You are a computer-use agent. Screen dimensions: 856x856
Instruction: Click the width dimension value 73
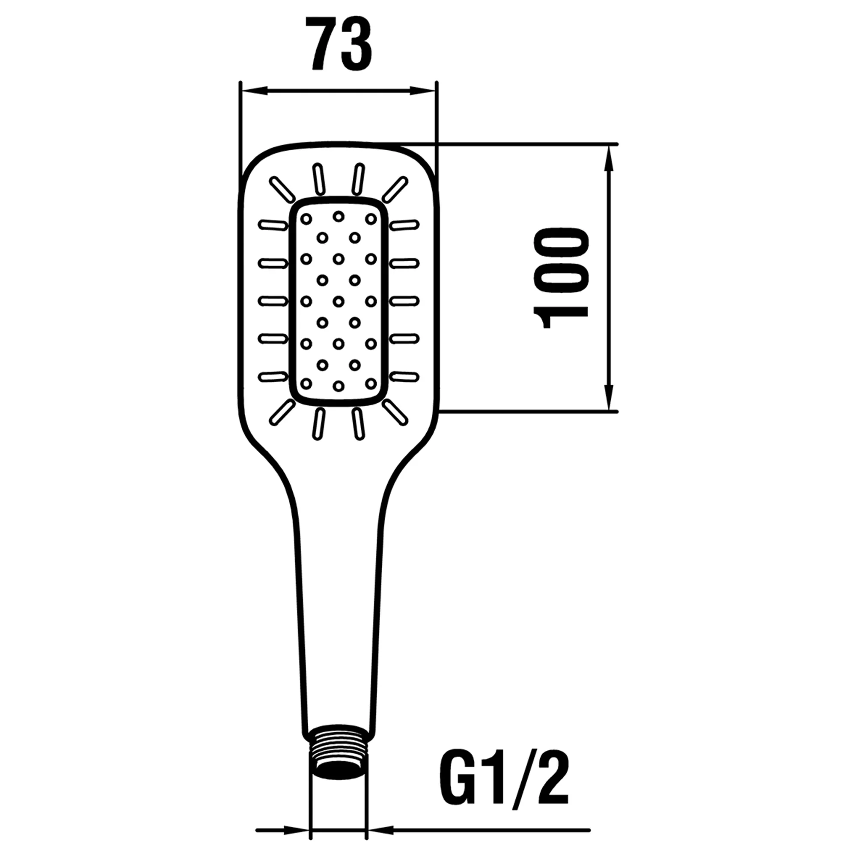coord(341,45)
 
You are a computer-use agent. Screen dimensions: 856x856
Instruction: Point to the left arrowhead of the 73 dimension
coord(254,90)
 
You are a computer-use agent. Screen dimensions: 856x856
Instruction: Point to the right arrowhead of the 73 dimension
coord(422,90)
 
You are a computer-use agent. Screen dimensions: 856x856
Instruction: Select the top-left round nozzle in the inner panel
coord(306,218)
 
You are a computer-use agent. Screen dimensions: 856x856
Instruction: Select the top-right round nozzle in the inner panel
coord(371,218)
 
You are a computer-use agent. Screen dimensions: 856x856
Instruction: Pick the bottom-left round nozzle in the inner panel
coord(306,382)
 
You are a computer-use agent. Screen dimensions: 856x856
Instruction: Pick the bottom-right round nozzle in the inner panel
coord(371,382)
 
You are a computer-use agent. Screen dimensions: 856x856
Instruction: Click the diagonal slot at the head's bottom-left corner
coord(282,413)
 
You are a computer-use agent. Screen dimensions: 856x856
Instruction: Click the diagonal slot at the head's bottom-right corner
coord(395,413)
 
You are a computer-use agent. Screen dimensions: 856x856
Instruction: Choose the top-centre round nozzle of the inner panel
coord(339,216)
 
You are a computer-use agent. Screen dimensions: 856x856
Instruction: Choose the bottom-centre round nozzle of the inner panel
coord(339,386)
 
